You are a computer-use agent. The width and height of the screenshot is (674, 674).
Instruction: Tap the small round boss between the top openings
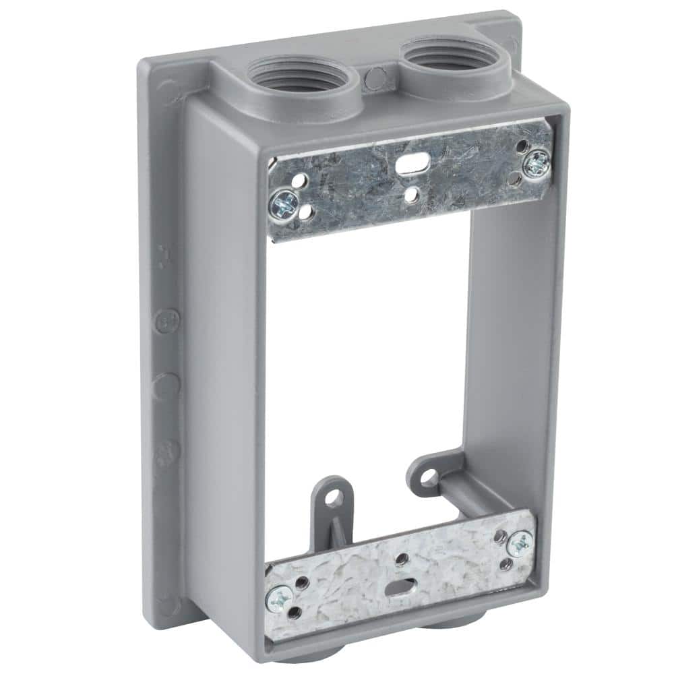pyautogui.click(x=371, y=80)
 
